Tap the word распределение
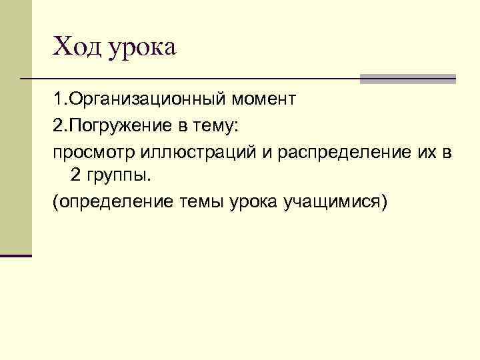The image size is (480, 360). (x=345, y=152)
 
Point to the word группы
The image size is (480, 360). (x=117, y=177)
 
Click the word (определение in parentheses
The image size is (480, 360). (x=112, y=203)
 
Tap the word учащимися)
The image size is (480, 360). (x=334, y=203)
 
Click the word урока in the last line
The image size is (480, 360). (x=255, y=203)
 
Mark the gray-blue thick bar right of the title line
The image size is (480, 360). (x=407, y=79)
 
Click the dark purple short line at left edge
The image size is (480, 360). (x=16, y=255)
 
